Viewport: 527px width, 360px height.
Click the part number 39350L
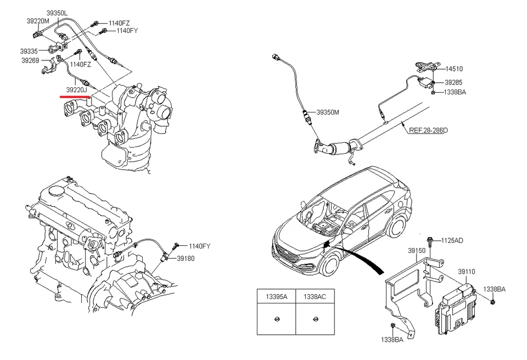pos(57,12)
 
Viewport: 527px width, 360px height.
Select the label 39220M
pos(38,21)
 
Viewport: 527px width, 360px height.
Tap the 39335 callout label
pos(30,51)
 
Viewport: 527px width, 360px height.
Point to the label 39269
pos(30,61)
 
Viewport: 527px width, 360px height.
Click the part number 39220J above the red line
pos(77,89)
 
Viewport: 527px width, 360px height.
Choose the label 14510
pos(453,69)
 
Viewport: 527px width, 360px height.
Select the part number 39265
pos(453,82)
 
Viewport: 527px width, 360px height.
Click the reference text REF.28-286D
pos(428,131)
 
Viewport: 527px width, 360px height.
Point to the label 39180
pos(185,258)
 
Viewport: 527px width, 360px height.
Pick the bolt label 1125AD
pos(452,240)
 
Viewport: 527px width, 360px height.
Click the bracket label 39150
pos(416,250)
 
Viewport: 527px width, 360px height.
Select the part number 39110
pos(467,272)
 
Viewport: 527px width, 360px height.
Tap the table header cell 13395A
pos(277,296)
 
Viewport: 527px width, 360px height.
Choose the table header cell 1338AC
pos(315,296)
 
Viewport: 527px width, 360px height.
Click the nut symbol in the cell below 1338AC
pos(315,319)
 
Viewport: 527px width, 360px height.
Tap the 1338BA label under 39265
pos(455,92)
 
